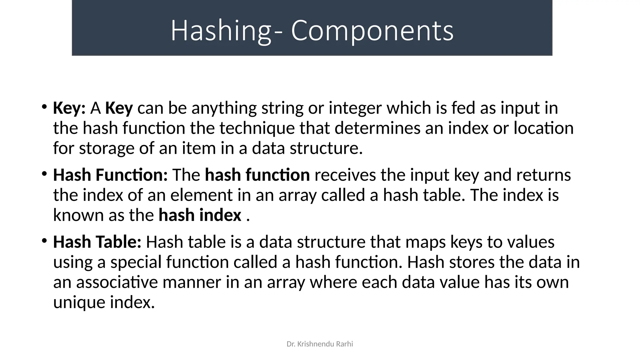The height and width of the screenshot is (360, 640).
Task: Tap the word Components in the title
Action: point(372,31)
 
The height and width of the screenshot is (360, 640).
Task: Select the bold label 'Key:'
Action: point(69,108)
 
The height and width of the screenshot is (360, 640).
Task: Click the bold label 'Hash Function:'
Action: point(110,175)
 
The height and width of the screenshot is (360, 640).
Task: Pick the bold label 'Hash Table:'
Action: point(97,242)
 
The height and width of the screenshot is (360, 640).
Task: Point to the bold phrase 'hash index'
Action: point(200,215)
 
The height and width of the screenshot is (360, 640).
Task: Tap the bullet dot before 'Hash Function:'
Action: point(44,173)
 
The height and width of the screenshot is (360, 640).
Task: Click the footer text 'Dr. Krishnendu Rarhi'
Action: point(320,344)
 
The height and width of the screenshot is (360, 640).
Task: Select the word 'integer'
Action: point(355,108)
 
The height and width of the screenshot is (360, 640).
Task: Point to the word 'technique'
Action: point(257,128)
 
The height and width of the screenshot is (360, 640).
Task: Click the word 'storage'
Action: point(107,148)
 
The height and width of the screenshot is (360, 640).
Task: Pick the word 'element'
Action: point(202,195)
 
